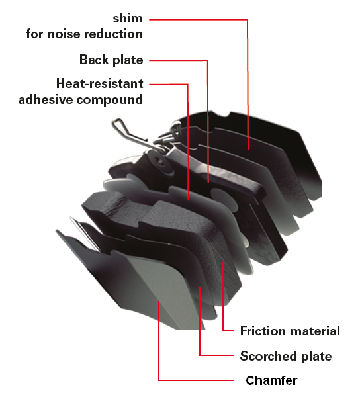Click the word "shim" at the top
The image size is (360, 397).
[x=128, y=19]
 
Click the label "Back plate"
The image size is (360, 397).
[x=111, y=60]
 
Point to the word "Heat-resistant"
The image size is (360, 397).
[x=100, y=83]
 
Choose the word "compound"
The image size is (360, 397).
[x=110, y=100]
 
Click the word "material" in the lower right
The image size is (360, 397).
[x=315, y=331]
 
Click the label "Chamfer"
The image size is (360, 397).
[x=271, y=380]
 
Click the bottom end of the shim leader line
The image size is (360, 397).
[x=248, y=149]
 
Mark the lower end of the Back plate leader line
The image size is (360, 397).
[x=208, y=183]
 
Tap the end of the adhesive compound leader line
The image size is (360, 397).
[x=189, y=200]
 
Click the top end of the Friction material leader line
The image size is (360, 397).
[x=223, y=263]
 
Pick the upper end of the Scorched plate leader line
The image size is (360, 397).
[x=200, y=287]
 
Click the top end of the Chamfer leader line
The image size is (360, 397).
[x=159, y=302]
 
